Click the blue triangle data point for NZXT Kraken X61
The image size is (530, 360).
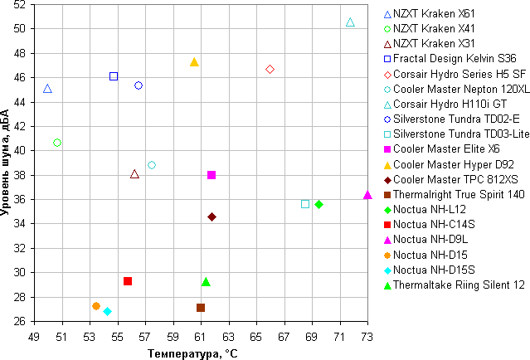(x=47, y=89)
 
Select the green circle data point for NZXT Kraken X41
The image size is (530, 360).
(x=57, y=143)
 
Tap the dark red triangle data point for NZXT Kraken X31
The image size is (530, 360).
(x=134, y=174)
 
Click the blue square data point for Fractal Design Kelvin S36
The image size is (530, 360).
(x=114, y=76)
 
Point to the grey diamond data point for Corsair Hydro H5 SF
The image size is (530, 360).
(x=270, y=69)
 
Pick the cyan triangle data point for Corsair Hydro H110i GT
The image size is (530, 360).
(x=350, y=22)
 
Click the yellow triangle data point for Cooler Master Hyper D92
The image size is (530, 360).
(x=194, y=62)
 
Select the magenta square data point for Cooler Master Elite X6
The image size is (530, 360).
(x=212, y=175)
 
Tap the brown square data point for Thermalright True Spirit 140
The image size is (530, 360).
(x=201, y=308)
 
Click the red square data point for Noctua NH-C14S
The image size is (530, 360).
(x=128, y=281)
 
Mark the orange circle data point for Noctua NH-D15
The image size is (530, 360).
(x=96, y=306)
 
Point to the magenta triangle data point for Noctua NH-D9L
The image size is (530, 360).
(x=367, y=195)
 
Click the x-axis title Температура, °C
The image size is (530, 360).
(x=193, y=353)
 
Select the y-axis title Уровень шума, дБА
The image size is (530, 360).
(x=7, y=162)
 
